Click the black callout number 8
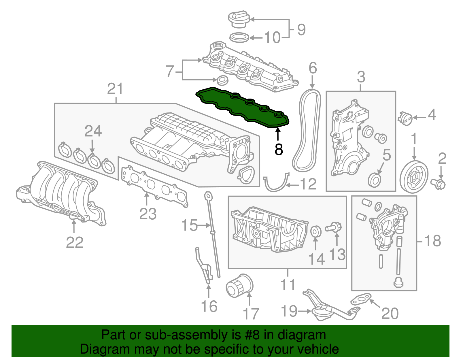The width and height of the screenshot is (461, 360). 279,149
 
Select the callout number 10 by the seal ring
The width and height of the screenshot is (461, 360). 272,38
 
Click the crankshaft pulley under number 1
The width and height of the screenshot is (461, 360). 414,177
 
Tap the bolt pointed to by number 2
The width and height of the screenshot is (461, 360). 438,184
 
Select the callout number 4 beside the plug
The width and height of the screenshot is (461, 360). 432,115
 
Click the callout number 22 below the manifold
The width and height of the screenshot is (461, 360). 74,242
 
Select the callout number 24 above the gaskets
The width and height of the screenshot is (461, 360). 93,131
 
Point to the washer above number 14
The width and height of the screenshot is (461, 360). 316,231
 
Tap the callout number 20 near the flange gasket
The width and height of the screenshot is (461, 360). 390,313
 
